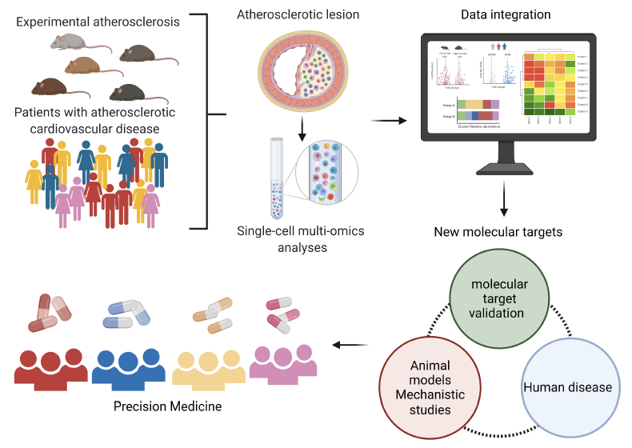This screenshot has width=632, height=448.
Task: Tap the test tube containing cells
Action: [x=277, y=177]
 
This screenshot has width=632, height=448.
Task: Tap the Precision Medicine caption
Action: [x=168, y=407]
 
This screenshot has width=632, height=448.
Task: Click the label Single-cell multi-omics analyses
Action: [x=302, y=239]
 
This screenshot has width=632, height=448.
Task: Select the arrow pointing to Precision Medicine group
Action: [x=347, y=346]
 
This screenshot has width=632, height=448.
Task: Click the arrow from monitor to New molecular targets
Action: [x=503, y=200]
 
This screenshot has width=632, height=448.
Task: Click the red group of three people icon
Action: [x=50, y=368]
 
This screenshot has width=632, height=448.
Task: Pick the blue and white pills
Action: [x=126, y=309]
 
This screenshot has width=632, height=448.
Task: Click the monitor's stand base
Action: [x=503, y=170]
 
